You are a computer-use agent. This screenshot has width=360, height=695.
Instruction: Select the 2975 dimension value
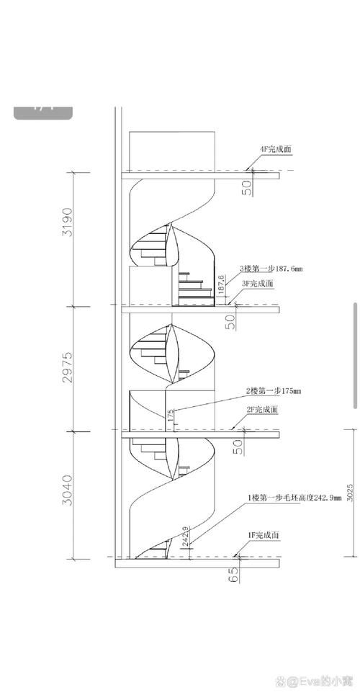[x=66, y=367]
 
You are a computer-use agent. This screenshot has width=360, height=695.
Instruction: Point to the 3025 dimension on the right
[x=349, y=493]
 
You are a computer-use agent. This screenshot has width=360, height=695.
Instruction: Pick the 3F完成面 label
[x=257, y=284]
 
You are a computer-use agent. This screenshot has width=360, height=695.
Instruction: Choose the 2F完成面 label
[x=263, y=409]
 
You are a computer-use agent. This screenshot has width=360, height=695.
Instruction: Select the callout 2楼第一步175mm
[x=274, y=391]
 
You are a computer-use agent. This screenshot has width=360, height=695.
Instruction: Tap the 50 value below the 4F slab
[x=247, y=188]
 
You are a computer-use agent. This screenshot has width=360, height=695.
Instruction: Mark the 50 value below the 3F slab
[x=231, y=322]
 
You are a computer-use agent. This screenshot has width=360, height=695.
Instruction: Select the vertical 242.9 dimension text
[x=185, y=536]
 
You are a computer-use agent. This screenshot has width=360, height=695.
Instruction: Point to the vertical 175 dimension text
[x=171, y=416]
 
